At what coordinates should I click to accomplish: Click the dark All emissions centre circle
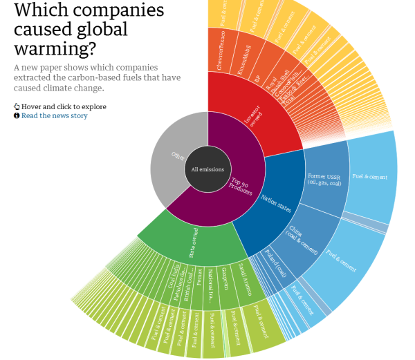point(207,169)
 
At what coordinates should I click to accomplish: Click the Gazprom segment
point(226,280)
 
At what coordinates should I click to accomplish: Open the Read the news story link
point(54,115)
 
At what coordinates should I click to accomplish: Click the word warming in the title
point(55,50)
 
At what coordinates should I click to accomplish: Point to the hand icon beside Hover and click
point(17,106)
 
